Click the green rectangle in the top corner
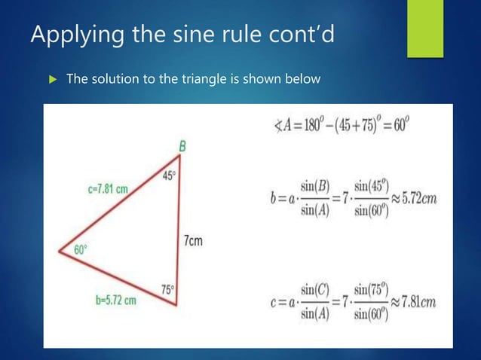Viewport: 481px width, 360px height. [x=425, y=28]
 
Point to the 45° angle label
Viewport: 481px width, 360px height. [x=170, y=175]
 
